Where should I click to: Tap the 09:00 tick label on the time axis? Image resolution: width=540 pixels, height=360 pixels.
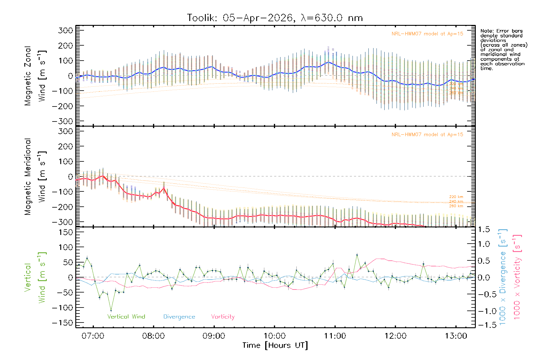[x=214, y=336]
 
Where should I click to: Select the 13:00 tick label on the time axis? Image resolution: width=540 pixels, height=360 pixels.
[x=456, y=336]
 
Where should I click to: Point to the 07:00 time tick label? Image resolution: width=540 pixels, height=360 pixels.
[x=93, y=336]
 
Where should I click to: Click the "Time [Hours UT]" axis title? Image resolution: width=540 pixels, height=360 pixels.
[x=275, y=345]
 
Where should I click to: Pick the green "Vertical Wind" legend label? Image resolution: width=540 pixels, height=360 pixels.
[x=126, y=317]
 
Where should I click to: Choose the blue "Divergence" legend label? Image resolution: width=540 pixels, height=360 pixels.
[x=179, y=317]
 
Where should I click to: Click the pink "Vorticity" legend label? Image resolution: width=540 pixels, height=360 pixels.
[x=223, y=317]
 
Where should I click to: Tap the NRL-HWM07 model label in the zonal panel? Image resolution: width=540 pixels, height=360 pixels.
[x=427, y=34]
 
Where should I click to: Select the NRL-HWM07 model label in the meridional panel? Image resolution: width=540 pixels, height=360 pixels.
[x=427, y=135]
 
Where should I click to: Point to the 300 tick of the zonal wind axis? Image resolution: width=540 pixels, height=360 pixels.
[x=66, y=30]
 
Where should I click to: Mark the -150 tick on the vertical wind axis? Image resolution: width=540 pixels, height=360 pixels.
[x=62, y=323]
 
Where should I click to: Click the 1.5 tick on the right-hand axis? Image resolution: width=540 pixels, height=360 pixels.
[x=484, y=229]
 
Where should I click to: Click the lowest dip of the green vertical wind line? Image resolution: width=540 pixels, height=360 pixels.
[x=111, y=311]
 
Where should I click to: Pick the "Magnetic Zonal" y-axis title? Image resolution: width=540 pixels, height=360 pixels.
[x=28, y=76]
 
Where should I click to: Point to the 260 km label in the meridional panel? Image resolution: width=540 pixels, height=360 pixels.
[x=456, y=206]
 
